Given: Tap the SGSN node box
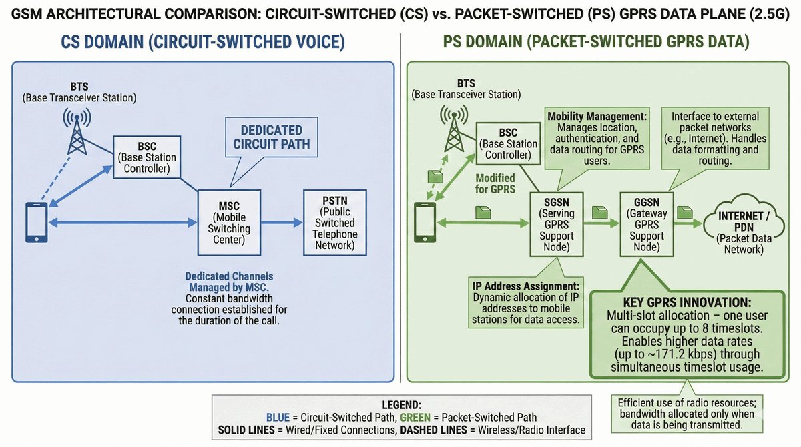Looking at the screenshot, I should tap(556, 223).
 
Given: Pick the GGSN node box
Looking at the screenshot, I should tap(645, 223).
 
